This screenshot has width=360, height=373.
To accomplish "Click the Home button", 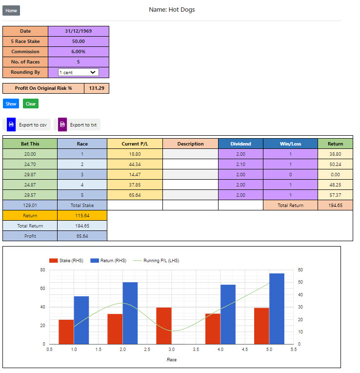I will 11,10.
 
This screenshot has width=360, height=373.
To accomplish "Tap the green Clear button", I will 30,104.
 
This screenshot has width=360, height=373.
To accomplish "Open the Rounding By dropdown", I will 78,72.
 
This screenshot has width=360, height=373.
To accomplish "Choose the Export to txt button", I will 79,124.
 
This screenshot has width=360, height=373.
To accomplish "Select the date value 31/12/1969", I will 78,31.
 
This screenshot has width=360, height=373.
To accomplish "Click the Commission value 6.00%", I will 78,52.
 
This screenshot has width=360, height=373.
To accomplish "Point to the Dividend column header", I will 240,144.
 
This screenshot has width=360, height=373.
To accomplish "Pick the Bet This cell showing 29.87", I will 30,174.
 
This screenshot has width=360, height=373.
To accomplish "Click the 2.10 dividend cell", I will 240,164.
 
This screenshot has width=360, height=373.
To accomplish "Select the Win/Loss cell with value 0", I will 290,174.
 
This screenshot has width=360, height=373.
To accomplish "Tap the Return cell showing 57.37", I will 335,195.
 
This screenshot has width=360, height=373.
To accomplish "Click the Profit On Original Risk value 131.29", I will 97,88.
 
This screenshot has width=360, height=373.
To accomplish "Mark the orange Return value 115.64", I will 82,215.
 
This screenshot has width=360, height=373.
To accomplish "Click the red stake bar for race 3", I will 164,326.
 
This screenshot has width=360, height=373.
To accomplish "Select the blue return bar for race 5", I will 277,309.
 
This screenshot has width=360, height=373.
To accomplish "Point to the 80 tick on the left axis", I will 42,270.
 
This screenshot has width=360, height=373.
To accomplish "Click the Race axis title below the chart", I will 172,359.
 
